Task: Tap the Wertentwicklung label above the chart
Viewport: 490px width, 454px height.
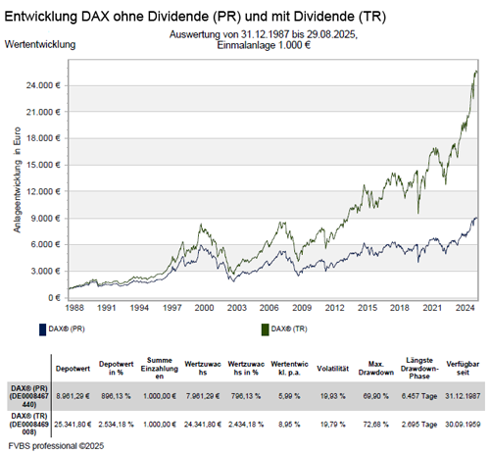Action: [x=40, y=45]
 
